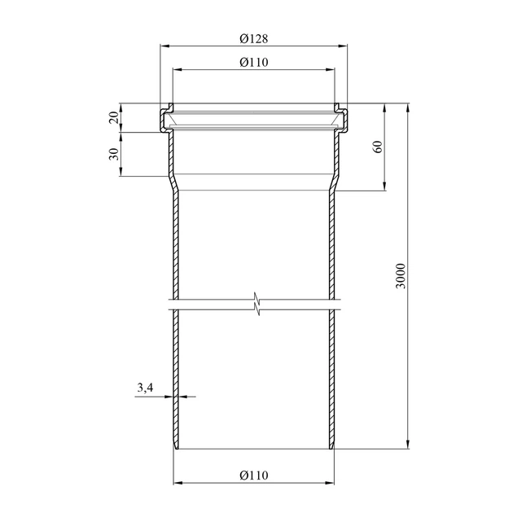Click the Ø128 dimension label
tap(253, 38)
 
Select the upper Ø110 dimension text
tap(253, 62)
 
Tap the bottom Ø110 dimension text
tap(253, 475)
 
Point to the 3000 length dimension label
tap(401, 276)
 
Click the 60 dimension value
tap(378, 147)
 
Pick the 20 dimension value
tap(113, 117)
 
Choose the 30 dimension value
tap(113, 154)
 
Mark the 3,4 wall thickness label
tap(145, 388)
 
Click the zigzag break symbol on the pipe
tap(257, 304)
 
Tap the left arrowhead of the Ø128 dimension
tap(164, 46)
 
